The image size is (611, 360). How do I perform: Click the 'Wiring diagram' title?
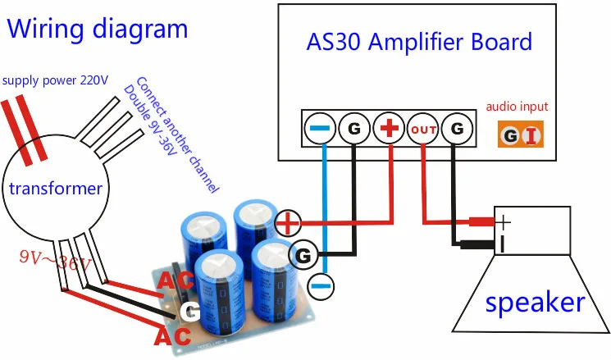click(x=98, y=30)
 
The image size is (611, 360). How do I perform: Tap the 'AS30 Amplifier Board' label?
click(x=419, y=42)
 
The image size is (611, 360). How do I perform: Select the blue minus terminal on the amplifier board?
click(x=320, y=128)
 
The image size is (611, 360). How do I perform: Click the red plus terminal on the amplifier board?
click(x=389, y=128)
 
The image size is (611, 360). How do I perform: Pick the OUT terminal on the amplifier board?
click(x=423, y=129)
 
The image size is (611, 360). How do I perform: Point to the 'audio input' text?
click(x=517, y=107)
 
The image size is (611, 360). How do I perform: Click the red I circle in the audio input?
click(x=531, y=135)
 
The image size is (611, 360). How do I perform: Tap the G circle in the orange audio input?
click(x=509, y=135)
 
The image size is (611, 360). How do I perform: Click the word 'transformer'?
click(x=56, y=189)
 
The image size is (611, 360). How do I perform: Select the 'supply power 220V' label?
click(x=55, y=80)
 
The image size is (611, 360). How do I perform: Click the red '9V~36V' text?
click(x=55, y=260)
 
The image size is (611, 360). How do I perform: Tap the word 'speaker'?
click(x=535, y=303)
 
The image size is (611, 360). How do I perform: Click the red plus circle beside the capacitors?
click(x=288, y=223)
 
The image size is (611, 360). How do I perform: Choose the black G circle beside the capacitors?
click(x=303, y=256)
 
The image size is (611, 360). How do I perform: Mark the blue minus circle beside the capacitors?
click(x=321, y=286)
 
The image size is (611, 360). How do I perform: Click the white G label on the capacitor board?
click(x=190, y=312)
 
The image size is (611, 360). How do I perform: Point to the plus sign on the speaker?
click(x=504, y=222)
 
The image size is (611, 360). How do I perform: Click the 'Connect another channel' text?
click(x=177, y=134)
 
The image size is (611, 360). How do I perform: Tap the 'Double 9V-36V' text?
click(x=151, y=120)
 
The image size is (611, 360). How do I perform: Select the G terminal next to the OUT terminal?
click(x=457, y=128)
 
